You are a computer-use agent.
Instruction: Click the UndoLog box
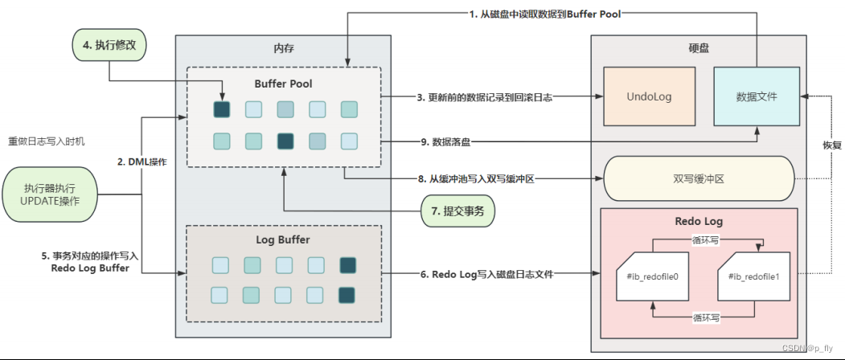pyautogui.click(x=648, y=96)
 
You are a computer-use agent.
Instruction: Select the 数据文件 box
pyautogui.click(x=757, y=96)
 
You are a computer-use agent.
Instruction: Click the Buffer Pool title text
pyautogui.click(x=282, y=83)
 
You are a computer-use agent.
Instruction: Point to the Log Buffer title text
pyautogui.click(x=282, y=239)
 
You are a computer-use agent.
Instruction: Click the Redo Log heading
pyautogui.click(x=697, y=220)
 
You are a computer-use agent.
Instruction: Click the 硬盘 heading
pyautogui.click(x=699, y=48)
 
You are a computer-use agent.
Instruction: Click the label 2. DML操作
pyautogui.click(x=142, y=162)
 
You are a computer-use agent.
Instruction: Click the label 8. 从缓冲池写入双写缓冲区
pyautogui.click(x=480, y=179)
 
